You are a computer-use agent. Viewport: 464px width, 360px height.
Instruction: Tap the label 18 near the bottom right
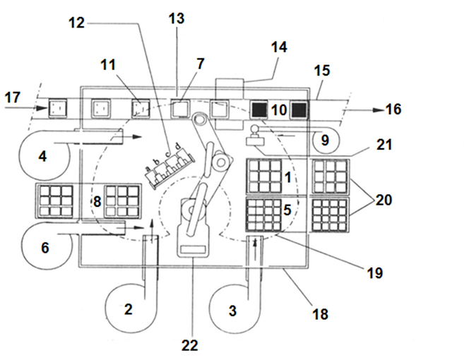320,314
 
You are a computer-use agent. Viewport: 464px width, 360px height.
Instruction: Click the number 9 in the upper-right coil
324,140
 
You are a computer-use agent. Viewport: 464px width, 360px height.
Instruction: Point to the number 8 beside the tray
97,203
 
